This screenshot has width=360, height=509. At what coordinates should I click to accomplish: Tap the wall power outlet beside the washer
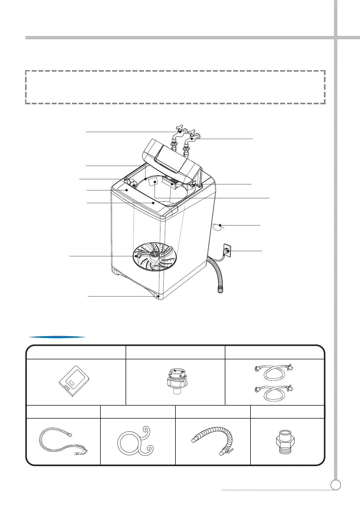pyautogui.click(x=227, y=251)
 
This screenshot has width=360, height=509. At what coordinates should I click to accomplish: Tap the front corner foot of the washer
pyautogui.click(x=158, y=297)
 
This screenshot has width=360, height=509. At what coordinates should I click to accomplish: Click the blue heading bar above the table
pyautogui.click(x=57, y=337)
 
